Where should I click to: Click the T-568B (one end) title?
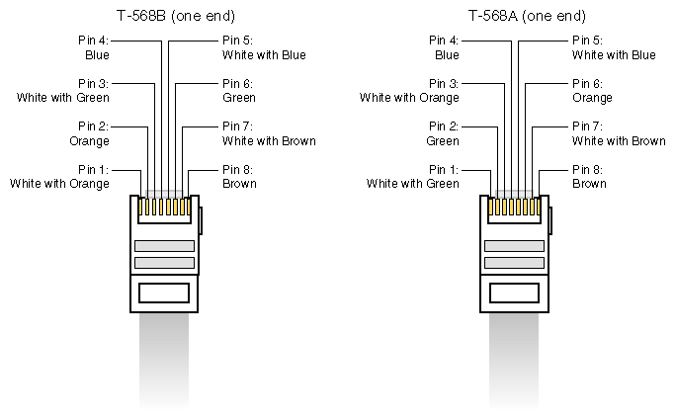click(176, 16)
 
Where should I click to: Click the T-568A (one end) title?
click(527, 16)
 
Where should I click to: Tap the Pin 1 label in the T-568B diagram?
click(94, 169)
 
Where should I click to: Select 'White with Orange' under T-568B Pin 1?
click(59, 184)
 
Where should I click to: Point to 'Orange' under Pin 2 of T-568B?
click(89, 141)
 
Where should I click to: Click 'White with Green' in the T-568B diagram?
click(63, 98)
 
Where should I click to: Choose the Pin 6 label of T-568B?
click(237, 83)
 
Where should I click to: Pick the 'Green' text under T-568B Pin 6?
click(239, 98)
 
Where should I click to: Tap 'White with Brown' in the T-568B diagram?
click(269, 140)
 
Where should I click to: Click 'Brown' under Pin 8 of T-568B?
click(239, 184)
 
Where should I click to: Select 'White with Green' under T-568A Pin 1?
click(413, 184)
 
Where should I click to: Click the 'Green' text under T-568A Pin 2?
click(443, 140)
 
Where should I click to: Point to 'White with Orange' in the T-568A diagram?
click(409, 98)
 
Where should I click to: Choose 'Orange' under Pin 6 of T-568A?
click(592, 98)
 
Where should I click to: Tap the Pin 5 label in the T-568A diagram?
click(588, 41)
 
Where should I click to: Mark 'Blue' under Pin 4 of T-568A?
click(447, 55)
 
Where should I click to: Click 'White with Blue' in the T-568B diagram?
click(264, 55)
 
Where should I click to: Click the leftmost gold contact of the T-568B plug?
click(140, 207)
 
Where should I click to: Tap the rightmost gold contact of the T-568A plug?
click(539, 207)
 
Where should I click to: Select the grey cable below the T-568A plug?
click(514, 361)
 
